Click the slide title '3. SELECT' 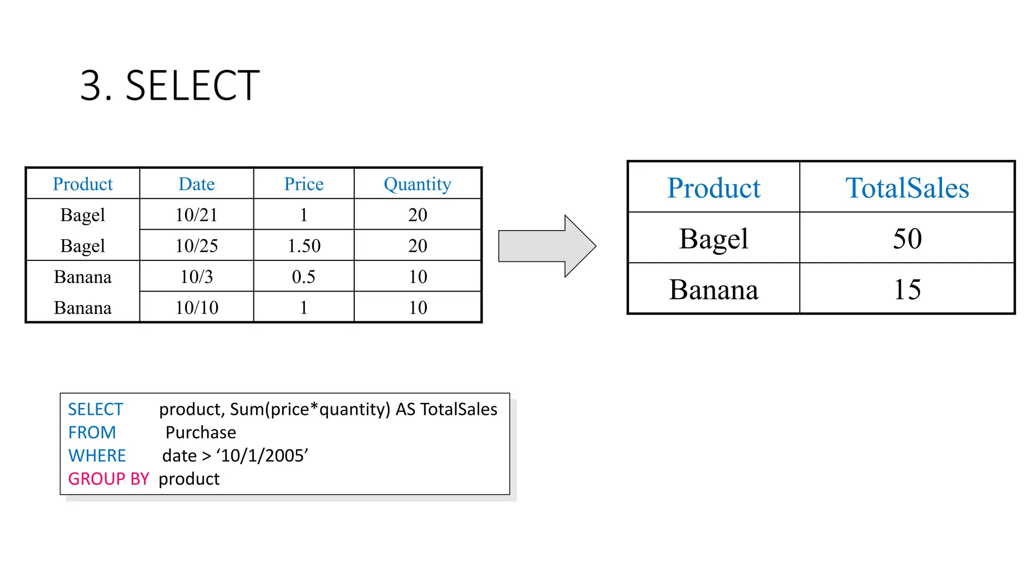(x=170, y=86)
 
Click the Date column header (x=197, y=184)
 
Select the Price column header (x=303, y=184)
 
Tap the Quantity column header (x=417, y=184)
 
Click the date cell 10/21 (x=197, y=215)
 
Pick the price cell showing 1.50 (x=303, y=246)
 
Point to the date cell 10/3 (x=197, y=277)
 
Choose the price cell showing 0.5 (x=303, y=277)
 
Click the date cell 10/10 (x=197, y=308)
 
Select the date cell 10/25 (x=197, y=246)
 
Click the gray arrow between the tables (x=544, y=246)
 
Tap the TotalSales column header (x=907, y=188)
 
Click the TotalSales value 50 (x=907, y=239)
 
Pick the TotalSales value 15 (x=907, y=289)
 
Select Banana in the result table (x=714, y=290)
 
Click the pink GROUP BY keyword (x=108, y=479)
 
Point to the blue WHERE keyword (x=97, y=456)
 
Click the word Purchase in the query (x=201, y=432)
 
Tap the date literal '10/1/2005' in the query (x=262, y=456)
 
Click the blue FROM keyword (x=92, y=432)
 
